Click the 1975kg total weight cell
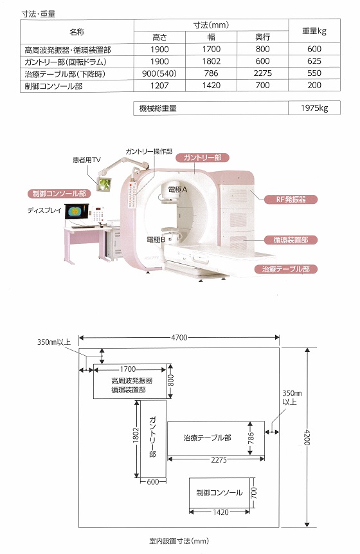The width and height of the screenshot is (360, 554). pyautogui.click(x=314, y=108)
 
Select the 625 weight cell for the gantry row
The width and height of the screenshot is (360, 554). pyautogui.click(x=314, y=61)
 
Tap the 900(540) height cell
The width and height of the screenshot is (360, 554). pyautogui.click(x=159, y=73)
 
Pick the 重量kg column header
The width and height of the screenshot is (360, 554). pyautogui.click(x=314, y=31)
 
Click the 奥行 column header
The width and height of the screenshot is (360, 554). pyautogui.click(x=262, y=37)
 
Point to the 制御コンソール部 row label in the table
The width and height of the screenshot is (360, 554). pyautogui.click(x=53, y=86)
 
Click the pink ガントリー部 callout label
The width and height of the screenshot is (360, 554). pyautogui.click(x=203, y=158)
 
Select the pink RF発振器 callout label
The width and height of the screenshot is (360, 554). pyautogui.click(x=291, y=199)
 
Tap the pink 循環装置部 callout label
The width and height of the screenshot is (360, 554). pyautogui.click(x=291, y=240)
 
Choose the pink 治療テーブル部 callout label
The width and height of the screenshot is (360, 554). pyautogui.click(x=286, y=269)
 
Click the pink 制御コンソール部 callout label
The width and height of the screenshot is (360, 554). pyautogui.click(x=59, y=194)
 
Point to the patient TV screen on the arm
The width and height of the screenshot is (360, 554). pyautogui.click(x=104, y=184)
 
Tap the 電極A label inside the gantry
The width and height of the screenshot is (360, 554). pyautogui.click(x=178, y=190)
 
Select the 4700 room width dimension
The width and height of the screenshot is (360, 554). pyautogui.click(x=179, y=337)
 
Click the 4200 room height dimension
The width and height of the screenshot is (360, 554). pyautogui.click(x=307, y=438)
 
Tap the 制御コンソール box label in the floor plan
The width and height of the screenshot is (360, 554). pyautogui.click(x=219, y=492)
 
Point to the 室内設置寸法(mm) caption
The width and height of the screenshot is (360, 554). pyautogui.click(x=179, y=541)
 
